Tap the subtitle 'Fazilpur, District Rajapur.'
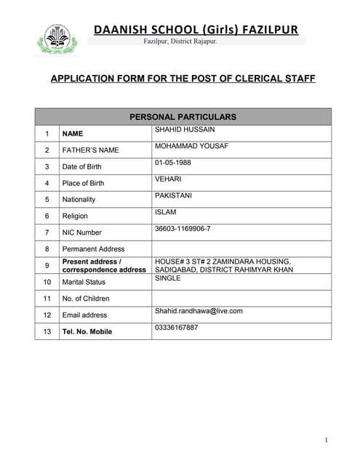tap(191, 41)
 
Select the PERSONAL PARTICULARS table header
tap(183, 116)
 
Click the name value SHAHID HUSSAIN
tap(185, 129)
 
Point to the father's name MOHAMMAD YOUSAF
tap(191, 145)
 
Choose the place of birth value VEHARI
tap(168, 178)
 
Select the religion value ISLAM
tap(165, 211)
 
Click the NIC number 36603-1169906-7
tap(183, 228)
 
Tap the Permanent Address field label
tap(93, 249)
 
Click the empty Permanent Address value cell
tap(241, 249)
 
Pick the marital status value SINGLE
tap(167, 278)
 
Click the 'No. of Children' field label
tap(86, 299)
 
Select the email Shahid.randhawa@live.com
tap(199, 311)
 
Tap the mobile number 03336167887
tap(176, 328)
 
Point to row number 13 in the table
tap(47, 331)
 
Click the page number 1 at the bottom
tap(327, 440)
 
